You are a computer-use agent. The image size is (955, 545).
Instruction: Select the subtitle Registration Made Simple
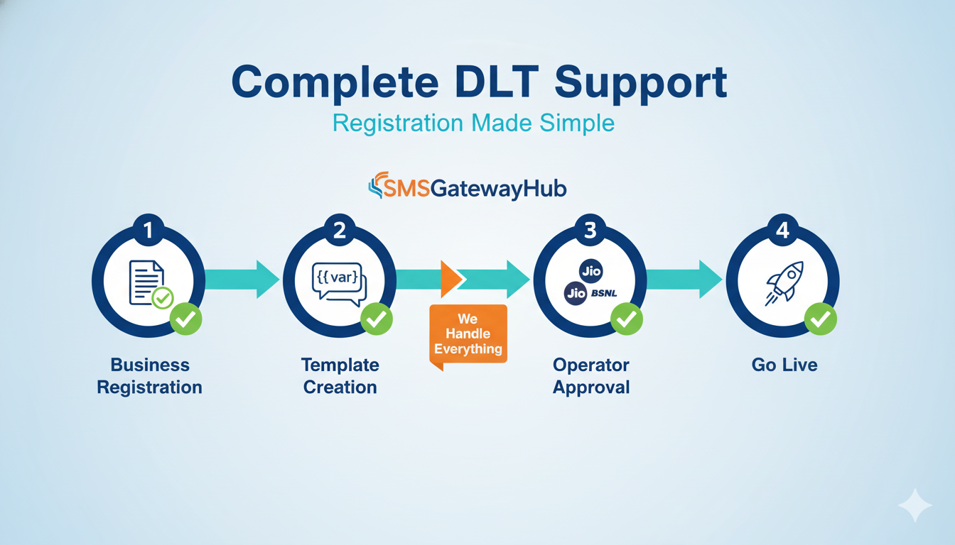[473, 123]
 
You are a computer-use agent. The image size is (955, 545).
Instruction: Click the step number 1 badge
[149, 229]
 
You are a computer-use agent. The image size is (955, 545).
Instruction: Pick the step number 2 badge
[340, 229]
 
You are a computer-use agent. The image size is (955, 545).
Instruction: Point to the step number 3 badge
[590, 229]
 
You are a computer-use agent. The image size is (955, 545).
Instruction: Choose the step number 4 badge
[782, 229]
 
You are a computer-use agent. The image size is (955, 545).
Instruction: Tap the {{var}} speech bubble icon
[338, 281]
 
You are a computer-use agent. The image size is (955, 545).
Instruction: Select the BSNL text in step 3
[605, 293]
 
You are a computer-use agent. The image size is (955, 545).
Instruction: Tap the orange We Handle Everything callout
[468, 334]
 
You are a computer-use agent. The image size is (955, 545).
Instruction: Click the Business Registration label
[150, 376]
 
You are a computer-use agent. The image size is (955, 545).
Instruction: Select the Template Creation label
[340, 376]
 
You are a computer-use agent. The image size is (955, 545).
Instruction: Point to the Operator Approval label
[590, 376]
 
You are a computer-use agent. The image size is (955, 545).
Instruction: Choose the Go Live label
[784, 365]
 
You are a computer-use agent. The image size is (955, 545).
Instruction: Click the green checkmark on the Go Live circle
[820, 319]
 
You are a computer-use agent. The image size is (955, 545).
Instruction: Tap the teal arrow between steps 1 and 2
[242, 279]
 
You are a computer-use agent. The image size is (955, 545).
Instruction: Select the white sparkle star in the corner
[914, 505]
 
